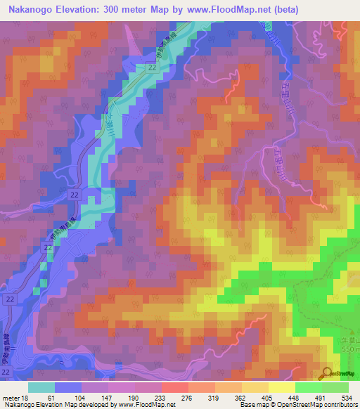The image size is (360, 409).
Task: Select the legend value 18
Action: [x=27, y=398]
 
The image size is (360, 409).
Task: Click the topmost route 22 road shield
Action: [x=151, y=66]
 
